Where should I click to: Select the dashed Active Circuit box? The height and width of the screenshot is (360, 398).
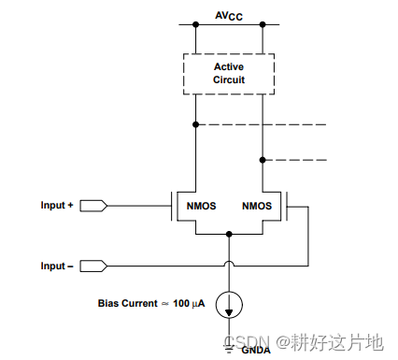pos(228,73)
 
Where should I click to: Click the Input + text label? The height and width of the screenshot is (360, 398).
pos(57,205)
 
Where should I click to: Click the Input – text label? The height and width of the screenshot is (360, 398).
pos(57,266)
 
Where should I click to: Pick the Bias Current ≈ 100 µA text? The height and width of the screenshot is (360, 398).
pos(150,303)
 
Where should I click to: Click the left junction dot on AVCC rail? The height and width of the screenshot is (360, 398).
pos(195,25)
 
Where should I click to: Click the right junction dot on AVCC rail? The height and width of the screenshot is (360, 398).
pos(263,25)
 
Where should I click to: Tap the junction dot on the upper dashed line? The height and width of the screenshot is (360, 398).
pos(195,124)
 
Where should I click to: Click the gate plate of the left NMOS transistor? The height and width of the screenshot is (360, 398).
pos(171,205)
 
